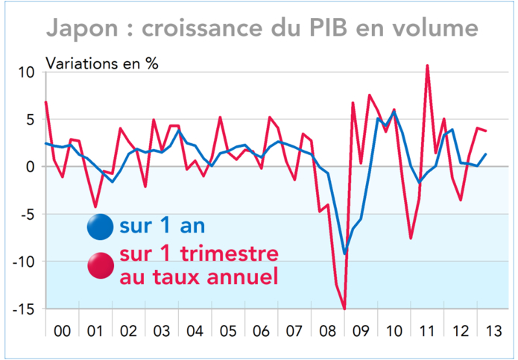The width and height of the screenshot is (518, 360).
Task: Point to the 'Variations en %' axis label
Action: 103,63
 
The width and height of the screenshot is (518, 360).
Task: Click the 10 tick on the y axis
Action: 28,72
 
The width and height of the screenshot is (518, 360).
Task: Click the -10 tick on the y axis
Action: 25,261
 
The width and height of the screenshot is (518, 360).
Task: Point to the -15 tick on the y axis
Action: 25,308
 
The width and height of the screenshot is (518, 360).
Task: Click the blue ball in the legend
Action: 99,226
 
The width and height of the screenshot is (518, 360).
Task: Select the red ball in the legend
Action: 99,265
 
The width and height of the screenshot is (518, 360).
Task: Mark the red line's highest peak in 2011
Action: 427,66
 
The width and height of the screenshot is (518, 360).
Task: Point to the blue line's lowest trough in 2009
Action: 344,254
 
